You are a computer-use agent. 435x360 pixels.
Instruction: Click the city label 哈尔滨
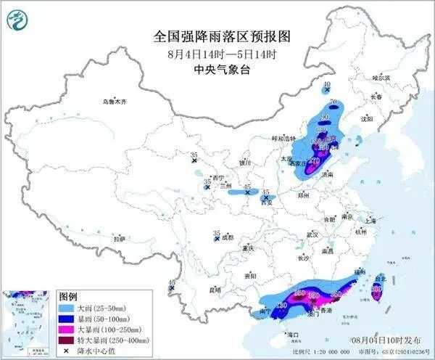coord(381,77)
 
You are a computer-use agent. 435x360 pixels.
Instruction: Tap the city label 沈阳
coord(367,118)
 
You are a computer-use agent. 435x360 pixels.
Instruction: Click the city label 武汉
coord(312,234)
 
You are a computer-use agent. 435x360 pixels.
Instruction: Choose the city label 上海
coord(375,220)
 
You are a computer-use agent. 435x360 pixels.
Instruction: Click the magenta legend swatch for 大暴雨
coord(67,330)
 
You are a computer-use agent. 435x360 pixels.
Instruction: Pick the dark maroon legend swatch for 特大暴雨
coord(67,340)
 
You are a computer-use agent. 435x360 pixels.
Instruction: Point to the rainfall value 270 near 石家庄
coord(314,161)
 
